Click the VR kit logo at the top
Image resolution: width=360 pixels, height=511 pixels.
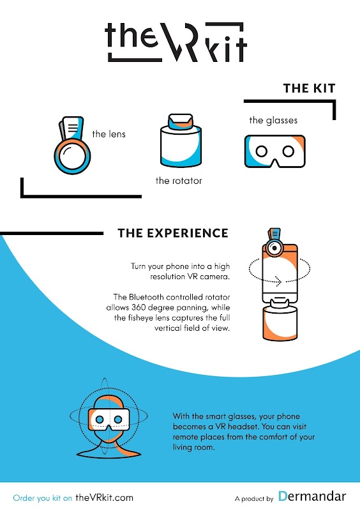[176, 42]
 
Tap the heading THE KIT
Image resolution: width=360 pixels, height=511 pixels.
[309, 88]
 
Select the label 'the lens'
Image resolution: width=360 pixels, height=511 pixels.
[109, 134]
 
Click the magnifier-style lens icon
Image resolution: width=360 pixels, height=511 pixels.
[72, 145]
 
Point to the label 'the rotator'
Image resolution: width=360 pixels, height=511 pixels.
[179, 181]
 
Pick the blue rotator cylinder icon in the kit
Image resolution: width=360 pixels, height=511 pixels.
[181, 140]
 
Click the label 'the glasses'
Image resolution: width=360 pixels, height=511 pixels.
[273, 120]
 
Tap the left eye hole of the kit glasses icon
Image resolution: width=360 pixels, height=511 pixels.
[262, 151]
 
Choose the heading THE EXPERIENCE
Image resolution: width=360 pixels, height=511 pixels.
[173, 233]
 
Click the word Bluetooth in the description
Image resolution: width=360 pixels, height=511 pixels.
[146, 297]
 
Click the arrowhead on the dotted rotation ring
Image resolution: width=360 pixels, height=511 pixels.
[278, 281]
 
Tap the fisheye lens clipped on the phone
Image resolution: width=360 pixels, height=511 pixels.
[274, 248]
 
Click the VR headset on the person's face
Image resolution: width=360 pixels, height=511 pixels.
[109, 420]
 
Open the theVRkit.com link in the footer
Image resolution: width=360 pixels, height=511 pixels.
[104, 498]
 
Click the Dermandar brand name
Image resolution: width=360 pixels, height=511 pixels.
[311, 496]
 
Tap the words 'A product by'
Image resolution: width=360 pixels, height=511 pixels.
[254, 499]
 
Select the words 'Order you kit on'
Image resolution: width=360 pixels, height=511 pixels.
[42, 498]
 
